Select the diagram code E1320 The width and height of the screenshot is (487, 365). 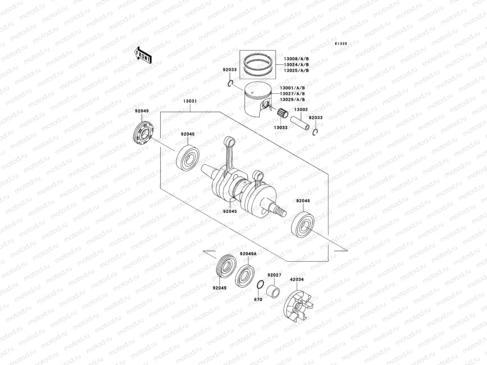(x=341, y=44)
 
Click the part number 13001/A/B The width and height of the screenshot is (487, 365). (x=293, y=88)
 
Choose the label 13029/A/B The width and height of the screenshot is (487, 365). (x=293, y=100)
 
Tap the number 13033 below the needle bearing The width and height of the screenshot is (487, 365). (x=280, y=128)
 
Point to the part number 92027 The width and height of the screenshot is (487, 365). (x=275, y=275)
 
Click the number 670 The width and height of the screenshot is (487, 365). (x=258, y=300)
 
